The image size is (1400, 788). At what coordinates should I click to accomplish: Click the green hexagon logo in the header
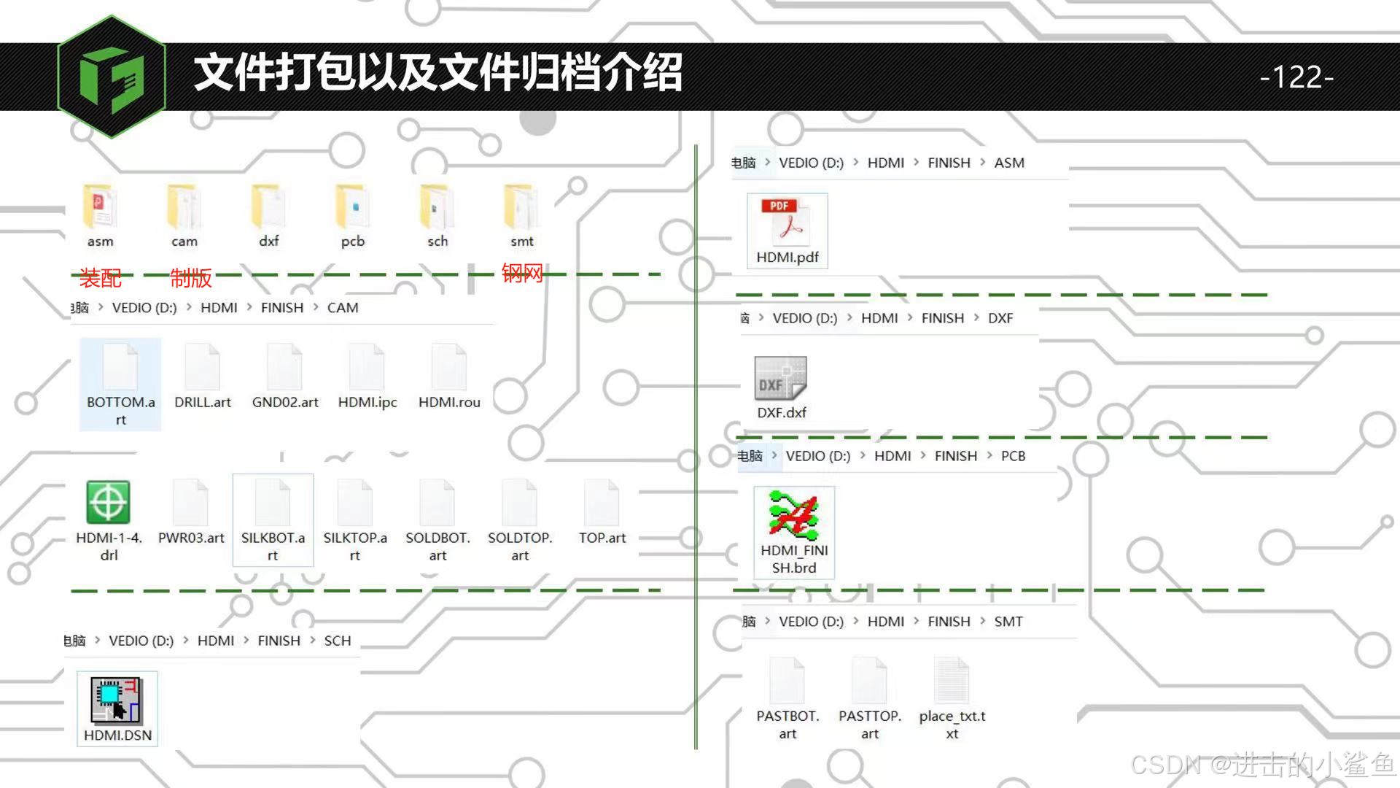tap(112, 77)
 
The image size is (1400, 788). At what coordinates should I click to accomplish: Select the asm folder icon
tap(100, 207)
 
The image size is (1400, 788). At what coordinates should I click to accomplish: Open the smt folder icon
tap(521, 207)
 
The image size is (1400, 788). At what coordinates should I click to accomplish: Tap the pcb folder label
tap(353, 242)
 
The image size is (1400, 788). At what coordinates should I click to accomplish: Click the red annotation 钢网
tap(522, 274)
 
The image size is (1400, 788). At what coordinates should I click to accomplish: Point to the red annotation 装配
tap(101, 278)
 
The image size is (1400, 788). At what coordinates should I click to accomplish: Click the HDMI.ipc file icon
tap(367, 367)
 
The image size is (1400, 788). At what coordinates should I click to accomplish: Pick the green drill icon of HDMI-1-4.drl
tap(109, 502)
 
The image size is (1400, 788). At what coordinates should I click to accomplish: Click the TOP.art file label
tap(602, 538)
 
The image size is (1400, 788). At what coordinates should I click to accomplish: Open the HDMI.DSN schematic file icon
tap(117, 700)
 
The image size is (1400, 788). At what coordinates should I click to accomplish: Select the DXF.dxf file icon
tap(781, 377)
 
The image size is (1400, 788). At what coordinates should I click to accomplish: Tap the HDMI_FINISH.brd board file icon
tap(794, 515)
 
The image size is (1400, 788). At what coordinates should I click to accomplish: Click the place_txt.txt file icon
tap(952, 681)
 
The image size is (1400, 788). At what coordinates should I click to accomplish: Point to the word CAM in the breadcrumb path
tap(343, 308)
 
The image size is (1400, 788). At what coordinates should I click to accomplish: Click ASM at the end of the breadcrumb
tap(1009, 163)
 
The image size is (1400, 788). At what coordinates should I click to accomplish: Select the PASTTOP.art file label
tap(870, 725)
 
